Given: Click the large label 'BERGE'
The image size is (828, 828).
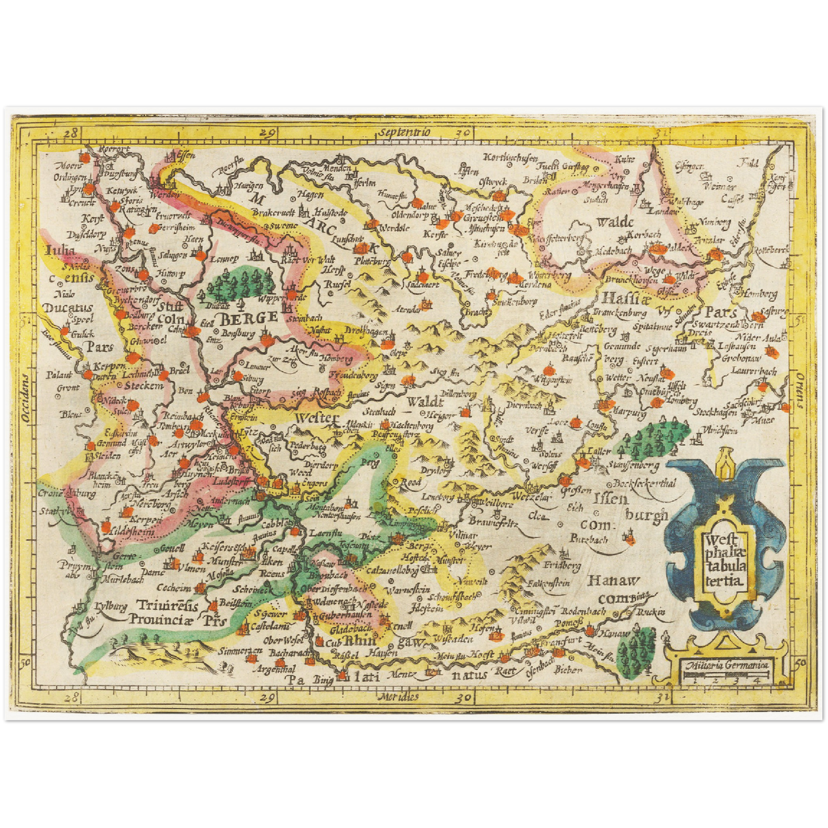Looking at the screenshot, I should (250, 317).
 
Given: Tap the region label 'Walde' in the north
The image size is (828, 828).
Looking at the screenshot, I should (614, 222).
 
